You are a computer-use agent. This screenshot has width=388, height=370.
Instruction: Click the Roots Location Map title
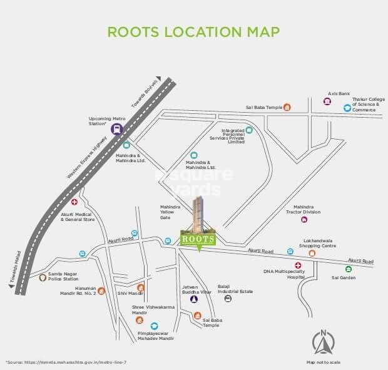tap(193, 31)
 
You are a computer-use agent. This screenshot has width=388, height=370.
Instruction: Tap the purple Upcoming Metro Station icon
tap(117, 129)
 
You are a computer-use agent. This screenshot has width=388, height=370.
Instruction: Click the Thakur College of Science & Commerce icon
tap(347, 108)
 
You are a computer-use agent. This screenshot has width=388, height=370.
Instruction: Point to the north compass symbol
tap(323, 341)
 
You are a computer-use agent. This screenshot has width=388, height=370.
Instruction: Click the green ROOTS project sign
tap(199, 239)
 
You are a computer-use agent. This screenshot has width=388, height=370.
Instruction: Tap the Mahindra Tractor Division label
tap(303, 209)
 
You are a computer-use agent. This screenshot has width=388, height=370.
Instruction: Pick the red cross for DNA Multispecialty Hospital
tap(298, 265)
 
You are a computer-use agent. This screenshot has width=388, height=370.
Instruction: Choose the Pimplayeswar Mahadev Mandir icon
tap(155, 326)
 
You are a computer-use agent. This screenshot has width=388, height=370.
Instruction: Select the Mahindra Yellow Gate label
tap(170, 212)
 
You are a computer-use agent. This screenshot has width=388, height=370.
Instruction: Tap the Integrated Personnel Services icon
tap(249, 130)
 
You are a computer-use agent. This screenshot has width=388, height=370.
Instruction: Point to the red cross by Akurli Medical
tap(74, 202)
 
